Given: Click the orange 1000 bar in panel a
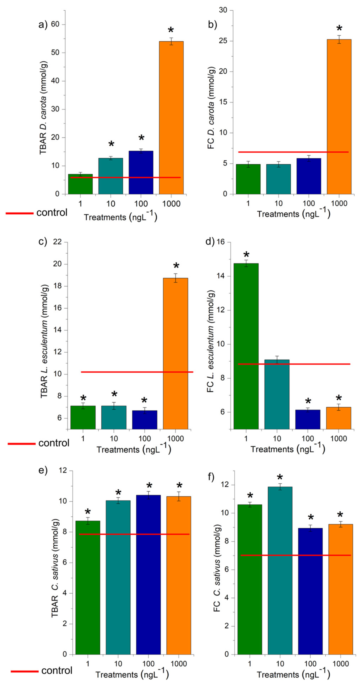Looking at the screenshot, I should (x=171, y=117).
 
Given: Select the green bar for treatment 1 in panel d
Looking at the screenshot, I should (x=246, y=346).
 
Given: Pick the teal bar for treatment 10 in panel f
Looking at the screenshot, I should (x=280, y=572).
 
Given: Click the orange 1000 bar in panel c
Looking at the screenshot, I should (x=176, y=354).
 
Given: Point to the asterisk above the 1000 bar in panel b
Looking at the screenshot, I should (x=339, y=28).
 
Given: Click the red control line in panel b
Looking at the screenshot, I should (x=292, y=152).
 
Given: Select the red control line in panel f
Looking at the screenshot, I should (x=295, y=555).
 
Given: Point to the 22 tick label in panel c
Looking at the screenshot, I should (x=57, y=242).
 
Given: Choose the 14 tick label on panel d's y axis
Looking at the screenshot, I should (x=220, y=276).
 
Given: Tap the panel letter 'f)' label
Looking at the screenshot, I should (x=211, y=477).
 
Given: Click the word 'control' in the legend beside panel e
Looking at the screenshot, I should (x=57, y=670).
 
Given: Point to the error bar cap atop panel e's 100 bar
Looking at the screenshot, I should (x=148, y=491).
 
